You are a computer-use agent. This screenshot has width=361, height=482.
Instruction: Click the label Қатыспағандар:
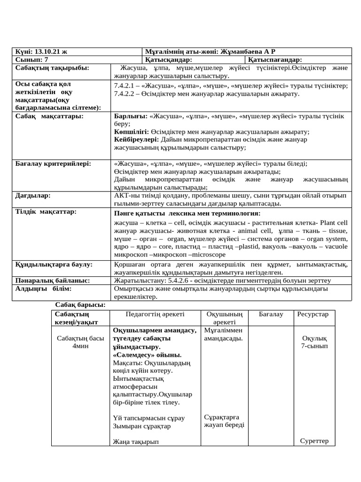point(275,60)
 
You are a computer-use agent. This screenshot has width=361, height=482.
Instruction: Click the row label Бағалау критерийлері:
point(53,163)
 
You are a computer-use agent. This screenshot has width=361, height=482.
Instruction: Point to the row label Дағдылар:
point(32,195)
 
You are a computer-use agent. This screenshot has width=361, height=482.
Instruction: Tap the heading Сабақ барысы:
point(80,305)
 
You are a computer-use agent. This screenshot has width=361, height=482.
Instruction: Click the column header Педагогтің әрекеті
point(155,314)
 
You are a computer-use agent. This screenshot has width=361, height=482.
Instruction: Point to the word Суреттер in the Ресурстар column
point(314,441)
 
